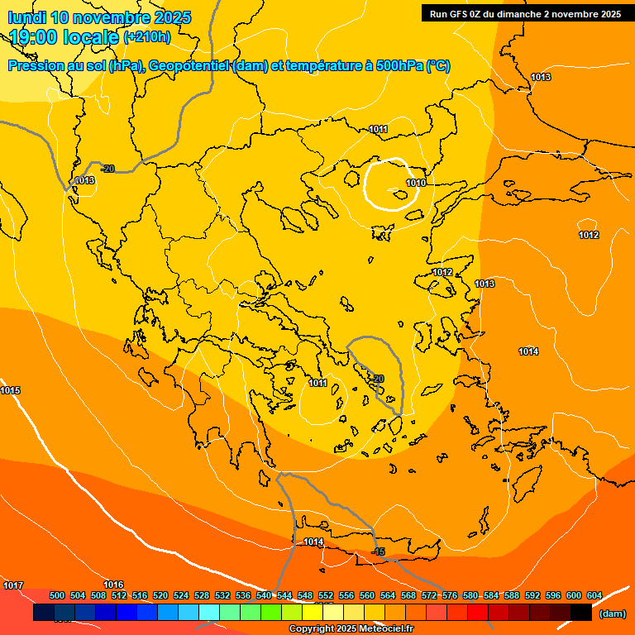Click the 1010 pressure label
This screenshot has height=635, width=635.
[x=416, y=183]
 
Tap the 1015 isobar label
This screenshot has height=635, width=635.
[x=11, y=390]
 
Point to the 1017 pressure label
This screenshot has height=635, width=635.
[x=13, y=585]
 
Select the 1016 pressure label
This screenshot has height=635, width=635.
[x=113, y=585]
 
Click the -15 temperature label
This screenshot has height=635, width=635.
[x=379, y=551]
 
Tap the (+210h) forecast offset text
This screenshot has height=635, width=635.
[x=147, y=36]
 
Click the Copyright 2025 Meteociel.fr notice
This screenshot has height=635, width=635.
[x=351, y=629]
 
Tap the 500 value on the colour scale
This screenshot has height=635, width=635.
[x=57, y=595]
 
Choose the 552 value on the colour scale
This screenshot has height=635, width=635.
[x=326, y=595]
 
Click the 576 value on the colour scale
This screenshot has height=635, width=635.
[x=450, y=595]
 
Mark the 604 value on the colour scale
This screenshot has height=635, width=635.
[x=594, y=595]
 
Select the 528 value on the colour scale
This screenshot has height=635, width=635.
[x=202, y=595]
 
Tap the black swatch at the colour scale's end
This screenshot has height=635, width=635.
[x=581, y=613]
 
